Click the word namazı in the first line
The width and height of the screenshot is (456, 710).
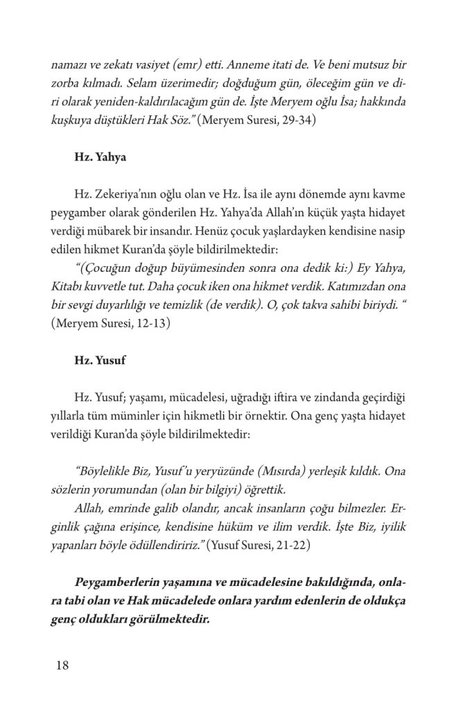[x=69, y=64]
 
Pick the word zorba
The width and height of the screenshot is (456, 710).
[x=67, y=82]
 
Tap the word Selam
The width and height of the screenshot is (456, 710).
[x=151, y=82]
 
